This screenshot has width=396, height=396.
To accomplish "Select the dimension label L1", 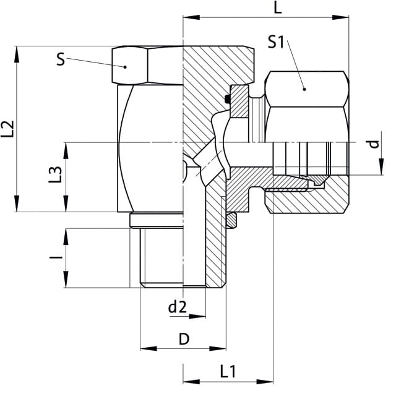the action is point(228,371).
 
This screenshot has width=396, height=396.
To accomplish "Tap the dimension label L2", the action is point(7,129).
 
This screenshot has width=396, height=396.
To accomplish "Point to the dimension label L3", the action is point(55,174).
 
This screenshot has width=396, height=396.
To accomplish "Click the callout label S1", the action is point(276,42).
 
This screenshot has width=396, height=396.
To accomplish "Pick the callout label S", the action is point(61,59).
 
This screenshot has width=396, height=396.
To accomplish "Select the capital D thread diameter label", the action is point(184,339).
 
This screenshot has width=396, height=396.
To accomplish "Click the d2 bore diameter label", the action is point(178,308).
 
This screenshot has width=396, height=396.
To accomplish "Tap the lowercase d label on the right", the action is point(374,144).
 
